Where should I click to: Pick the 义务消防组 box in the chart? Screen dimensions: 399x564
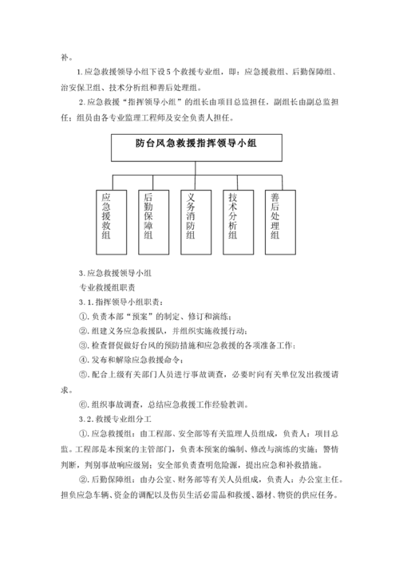coord(192,219)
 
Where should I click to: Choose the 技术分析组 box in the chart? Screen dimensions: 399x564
coord(234,219)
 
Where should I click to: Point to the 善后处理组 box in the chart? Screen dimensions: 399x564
coord(275,219)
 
